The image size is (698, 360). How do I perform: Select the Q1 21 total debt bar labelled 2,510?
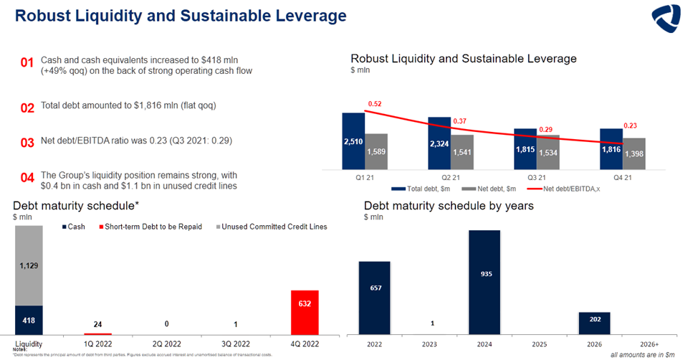coord(353,141)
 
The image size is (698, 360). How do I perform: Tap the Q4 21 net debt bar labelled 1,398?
coord(634,153)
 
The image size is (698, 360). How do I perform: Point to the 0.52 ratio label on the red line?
coord(374,104)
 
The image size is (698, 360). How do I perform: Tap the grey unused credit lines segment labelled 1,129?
coord(29,265)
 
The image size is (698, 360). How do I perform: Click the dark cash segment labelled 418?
coord(29,320)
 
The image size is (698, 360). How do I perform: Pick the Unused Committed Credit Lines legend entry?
coord(274,227)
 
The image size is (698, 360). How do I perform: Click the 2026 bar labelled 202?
coord(594,323)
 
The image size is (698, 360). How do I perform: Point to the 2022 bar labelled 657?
coord(374,298)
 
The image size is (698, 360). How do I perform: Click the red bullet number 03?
coord(28,143)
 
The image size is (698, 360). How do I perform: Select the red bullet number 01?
coord(28,64)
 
